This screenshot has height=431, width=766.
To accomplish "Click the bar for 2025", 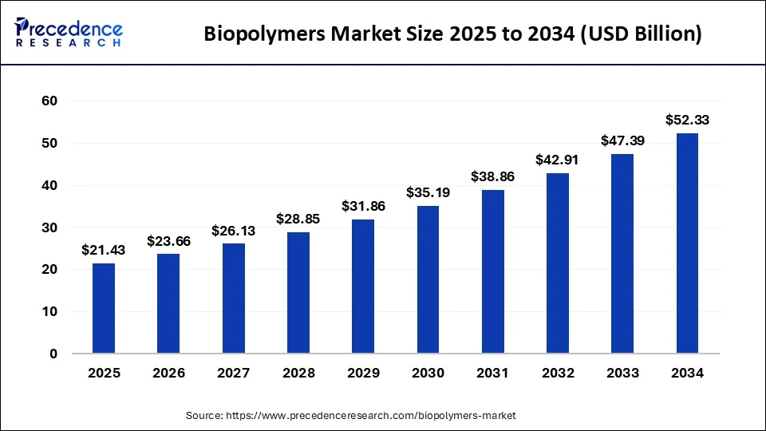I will point(103,308).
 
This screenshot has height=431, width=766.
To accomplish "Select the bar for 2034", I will point(687,243).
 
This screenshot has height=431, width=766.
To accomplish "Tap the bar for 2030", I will point(428,279).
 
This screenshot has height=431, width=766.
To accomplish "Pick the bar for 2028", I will point(298,292).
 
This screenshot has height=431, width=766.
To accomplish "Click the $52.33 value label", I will point(687,121).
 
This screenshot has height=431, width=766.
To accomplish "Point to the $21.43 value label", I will point(103,251).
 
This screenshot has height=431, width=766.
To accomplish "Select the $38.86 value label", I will point(492,177).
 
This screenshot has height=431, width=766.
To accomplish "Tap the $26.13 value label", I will point(233,231).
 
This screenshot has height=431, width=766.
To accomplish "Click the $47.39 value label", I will point(622,141).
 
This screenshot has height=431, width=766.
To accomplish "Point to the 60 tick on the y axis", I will point(49,101).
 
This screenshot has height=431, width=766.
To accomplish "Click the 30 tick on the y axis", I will point(49,227).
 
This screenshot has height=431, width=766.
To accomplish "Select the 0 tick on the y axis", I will point(53,354).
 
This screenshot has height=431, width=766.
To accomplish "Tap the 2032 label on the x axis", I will point(558,373).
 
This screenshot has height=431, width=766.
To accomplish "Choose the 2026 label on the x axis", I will point(168,373).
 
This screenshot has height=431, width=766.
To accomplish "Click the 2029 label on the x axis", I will point(363,373).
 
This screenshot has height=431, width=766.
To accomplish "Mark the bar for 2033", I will point(622,254).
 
